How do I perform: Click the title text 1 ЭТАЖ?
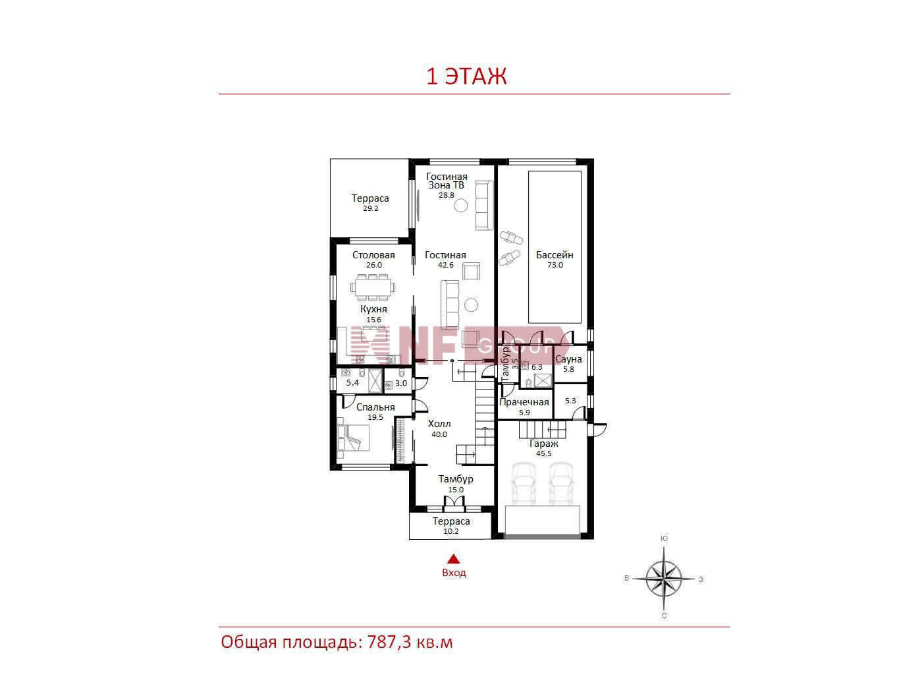(466, 76)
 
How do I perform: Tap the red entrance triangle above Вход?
(453, 559)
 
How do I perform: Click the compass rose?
(664, 579)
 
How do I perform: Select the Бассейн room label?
(555, 254)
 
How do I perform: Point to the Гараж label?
(544, 444)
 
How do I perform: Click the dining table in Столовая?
(373, 287)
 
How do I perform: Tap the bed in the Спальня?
(353, 438)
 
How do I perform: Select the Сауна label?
(568, 359)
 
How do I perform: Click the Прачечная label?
(524, 402)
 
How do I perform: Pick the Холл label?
(439, 424)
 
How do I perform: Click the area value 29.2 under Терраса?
(371, 208)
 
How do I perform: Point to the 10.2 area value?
(451, 531)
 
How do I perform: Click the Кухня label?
(373, 309)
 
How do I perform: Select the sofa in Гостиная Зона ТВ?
(484, 206)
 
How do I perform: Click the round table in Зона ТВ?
(461, 206)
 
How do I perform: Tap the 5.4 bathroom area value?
(352, 383)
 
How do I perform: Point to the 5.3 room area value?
(570, 401)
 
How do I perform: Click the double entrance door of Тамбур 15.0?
(454, 503)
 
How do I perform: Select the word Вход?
(454, 573)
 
